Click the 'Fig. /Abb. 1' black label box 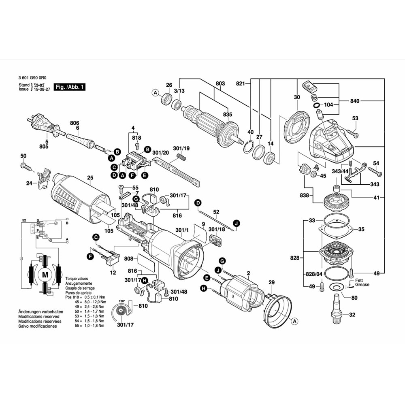pyautogui.click(x=70, y=87)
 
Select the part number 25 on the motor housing pyautogui.click(x=90, y=177)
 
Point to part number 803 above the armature pyautogui.click(x=220, y=84)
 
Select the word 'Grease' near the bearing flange pyautogui.click(x=362, y=285)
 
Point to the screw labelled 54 pyautogui.click(x=375, y=172)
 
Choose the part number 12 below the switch pyautogui.click(x=113, y=273)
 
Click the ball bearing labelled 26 pyautogui.click(x=165, y=98)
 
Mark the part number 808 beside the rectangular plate pyautogui.click(x=129, y=258)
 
